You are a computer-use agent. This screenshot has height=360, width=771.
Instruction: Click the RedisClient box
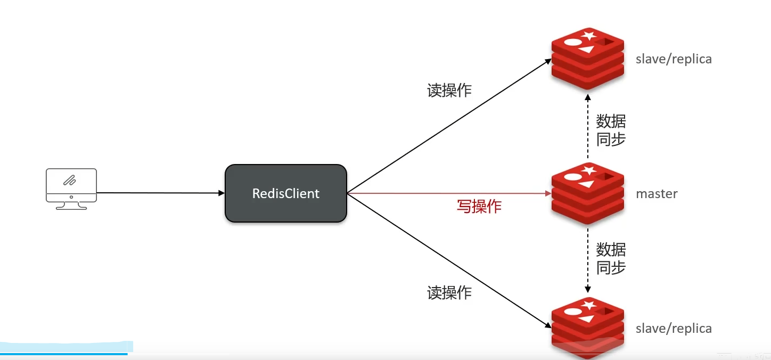286,193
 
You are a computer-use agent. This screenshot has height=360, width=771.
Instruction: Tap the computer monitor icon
71,188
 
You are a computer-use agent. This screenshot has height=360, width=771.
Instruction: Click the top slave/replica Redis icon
587,59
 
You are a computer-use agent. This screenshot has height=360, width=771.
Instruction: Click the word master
657,194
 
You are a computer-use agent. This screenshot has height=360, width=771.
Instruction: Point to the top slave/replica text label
674,59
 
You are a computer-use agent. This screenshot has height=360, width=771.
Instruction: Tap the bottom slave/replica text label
674,329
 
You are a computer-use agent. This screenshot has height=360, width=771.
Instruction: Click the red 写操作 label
479,206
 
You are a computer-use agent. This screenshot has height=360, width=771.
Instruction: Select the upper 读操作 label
449,91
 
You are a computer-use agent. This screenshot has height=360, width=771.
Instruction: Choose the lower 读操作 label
449,292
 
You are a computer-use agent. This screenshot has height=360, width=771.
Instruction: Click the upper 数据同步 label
610,130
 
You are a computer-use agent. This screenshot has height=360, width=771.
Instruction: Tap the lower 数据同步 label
610,258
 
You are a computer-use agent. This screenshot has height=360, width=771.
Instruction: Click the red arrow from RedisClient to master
447,193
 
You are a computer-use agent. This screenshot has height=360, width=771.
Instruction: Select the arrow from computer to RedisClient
160,193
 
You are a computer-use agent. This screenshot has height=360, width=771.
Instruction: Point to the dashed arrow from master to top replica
588,128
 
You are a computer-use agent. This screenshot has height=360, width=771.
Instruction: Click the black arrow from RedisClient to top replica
447,126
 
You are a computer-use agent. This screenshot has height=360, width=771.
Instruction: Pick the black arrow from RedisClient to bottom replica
447,259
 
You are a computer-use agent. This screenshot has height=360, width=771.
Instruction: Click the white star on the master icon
589,171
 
